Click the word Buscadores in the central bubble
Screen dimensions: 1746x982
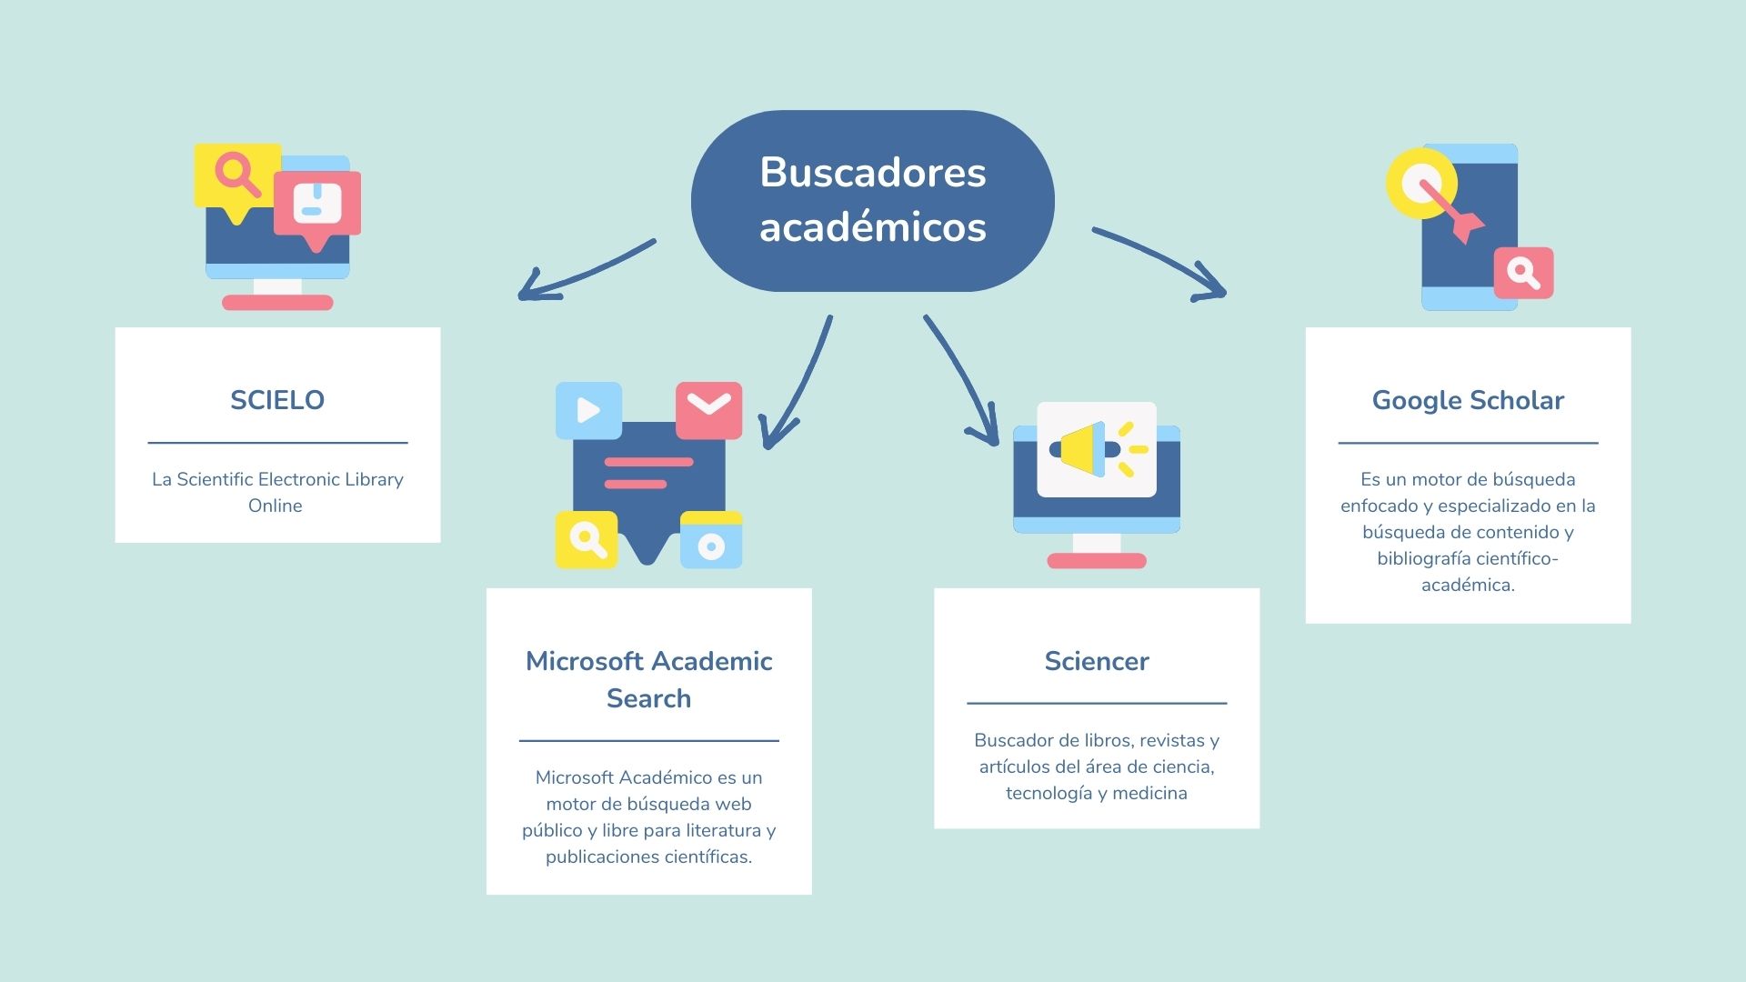point(873,172)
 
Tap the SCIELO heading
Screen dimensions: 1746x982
point(277,400)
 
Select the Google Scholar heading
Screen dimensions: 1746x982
point(1468,400)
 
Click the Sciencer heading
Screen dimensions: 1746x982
point(1097,661)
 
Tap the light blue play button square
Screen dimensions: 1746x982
point(588,410)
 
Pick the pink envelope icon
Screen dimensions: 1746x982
point(709,410)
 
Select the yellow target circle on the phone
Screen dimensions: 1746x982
point(1421,183)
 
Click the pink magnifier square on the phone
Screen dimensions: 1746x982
point(1524,272)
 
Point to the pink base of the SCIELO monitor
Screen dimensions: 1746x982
point(277,303)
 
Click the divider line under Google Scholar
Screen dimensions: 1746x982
point(1468,443)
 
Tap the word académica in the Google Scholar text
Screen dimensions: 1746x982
point(1468,585)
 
